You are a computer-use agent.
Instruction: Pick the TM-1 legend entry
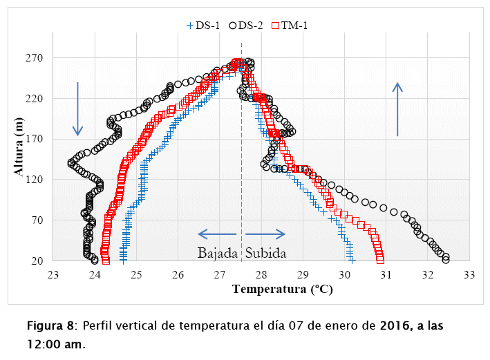[x=290, y=26]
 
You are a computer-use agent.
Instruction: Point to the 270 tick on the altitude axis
[x=35, y=58]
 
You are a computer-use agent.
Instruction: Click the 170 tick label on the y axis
[x=35, y=139]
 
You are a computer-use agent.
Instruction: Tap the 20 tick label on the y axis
[x=38, y=260]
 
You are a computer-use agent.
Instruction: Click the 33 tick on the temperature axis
[x=469, y=275]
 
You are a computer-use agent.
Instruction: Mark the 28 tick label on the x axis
[x=261, y=275]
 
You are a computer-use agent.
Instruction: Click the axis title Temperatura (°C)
[x=282, y=290]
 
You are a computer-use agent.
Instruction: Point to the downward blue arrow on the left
[x=78, y=108]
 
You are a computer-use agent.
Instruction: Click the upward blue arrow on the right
[x=397, y=108]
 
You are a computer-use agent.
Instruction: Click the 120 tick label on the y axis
[x=35, y=180]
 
